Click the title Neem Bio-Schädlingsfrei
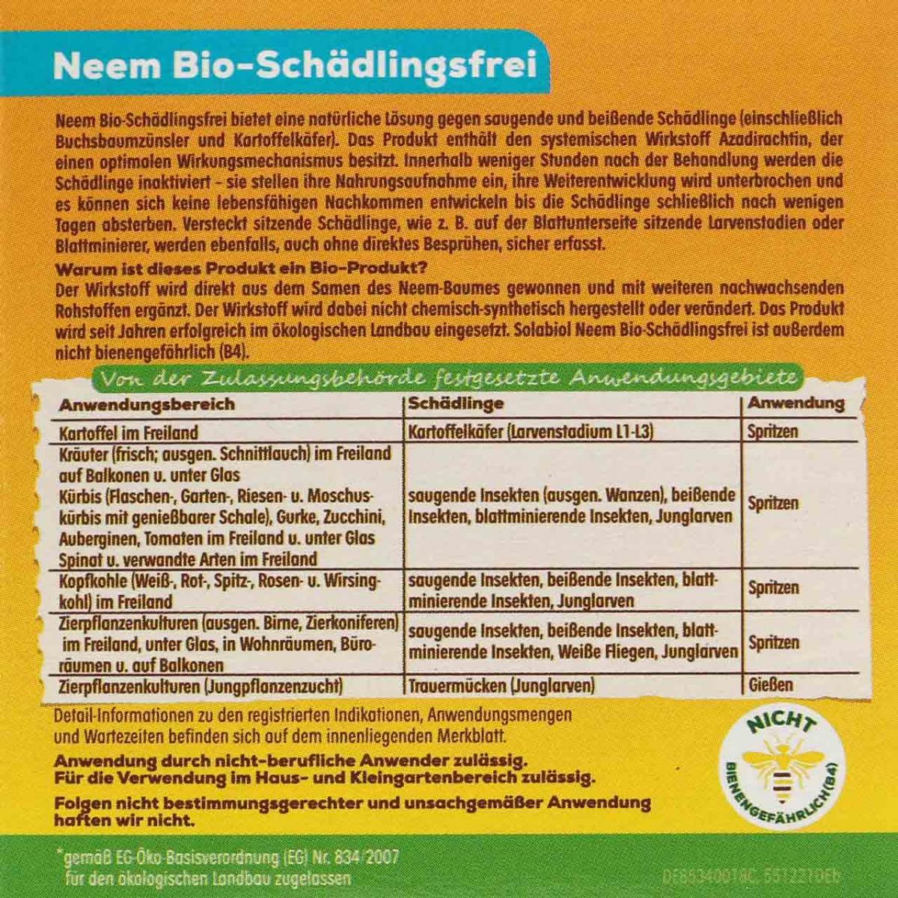[x=295, y=66]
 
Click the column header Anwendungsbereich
[x=147, y=405]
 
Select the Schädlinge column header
[x=455, y=404]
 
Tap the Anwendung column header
[x=795, y=403]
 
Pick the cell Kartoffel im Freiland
[x=129, y=433]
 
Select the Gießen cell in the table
[x=770, y=684]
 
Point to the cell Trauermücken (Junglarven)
[x=501, y=685]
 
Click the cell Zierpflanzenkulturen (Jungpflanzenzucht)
[x=201, y=685]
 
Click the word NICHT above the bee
[x=781, y=723]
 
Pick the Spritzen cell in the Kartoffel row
[x=772, y=432]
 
